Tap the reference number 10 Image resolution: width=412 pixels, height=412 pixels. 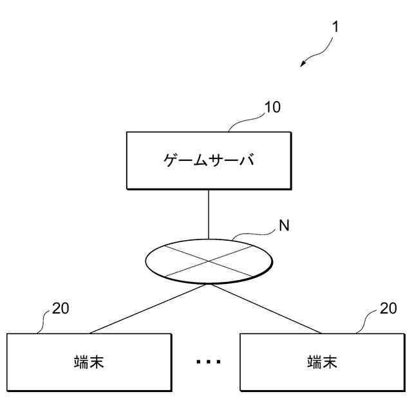point(272,107)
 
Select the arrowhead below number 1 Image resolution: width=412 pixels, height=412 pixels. point(304,64)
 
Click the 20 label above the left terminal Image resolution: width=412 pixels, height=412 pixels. point(61,308)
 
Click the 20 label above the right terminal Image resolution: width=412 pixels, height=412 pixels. point(388,308)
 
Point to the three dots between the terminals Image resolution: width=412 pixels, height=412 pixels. point(208,362)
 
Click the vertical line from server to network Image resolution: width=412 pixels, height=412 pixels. point(208,214)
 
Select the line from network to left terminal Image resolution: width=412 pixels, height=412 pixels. point(148,309)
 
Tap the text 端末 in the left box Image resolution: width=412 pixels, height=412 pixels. point(89,362)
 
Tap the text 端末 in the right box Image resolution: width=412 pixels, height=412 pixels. point(321,362)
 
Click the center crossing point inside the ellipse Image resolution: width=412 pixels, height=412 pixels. point(208,261)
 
